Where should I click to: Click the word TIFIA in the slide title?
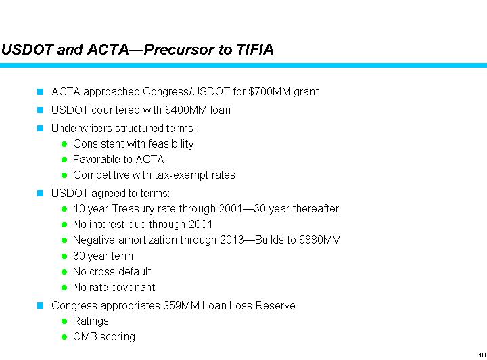254,49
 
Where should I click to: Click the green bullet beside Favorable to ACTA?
64,160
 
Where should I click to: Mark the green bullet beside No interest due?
64,225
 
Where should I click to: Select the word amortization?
152,240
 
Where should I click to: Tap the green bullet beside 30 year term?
64,256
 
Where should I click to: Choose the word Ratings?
91,321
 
